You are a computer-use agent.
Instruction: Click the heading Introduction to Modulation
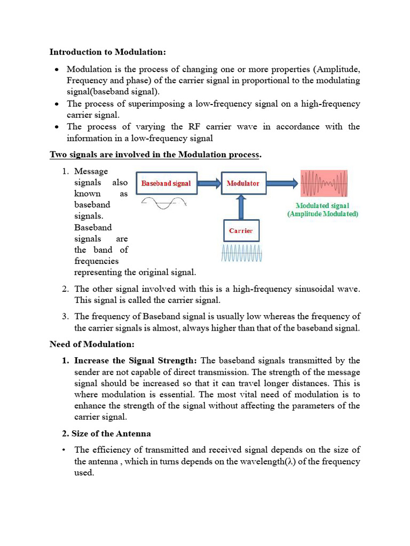pos(108,52)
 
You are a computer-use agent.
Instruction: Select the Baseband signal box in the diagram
pos(167,183)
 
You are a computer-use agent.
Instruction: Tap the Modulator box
pos(243,183)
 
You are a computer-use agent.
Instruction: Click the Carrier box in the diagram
pos(241,231)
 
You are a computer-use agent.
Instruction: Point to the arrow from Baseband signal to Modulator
pos(209,183)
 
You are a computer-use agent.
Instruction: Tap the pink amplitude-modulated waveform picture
pos(324,184)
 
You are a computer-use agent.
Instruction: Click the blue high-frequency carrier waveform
pos(242,254)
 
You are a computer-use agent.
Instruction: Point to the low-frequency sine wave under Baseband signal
pos(163,203)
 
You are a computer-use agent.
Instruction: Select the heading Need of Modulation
pos(92,344)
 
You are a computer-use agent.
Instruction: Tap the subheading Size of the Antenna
pos(113,433)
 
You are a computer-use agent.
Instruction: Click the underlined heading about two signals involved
pos(155,155)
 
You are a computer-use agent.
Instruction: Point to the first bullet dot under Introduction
pos(57,70)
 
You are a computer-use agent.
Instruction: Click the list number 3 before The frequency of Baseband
pos(65,317)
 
